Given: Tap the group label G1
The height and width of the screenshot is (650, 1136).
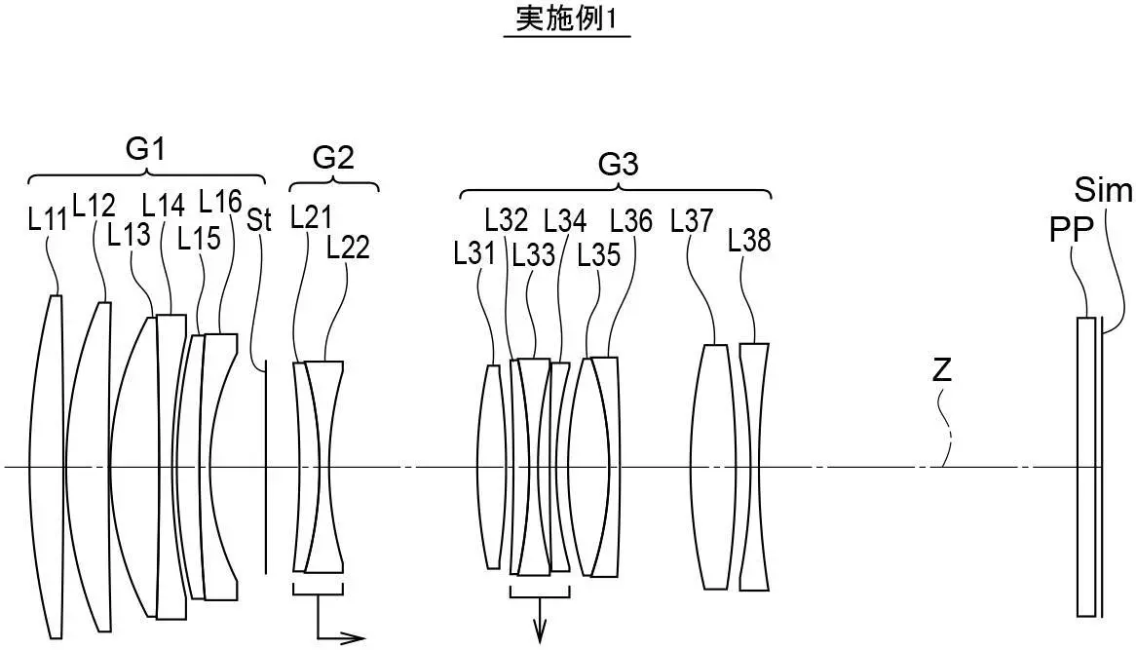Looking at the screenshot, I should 145,150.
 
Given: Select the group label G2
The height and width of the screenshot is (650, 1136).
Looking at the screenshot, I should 333,158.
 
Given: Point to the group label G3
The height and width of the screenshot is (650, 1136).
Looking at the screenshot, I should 618,165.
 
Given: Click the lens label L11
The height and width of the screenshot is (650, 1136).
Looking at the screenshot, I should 47,219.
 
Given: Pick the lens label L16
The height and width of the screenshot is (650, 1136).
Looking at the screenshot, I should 220,202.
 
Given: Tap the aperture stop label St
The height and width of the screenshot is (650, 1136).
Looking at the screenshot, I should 259,219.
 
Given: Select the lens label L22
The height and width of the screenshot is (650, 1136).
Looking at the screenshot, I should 348,249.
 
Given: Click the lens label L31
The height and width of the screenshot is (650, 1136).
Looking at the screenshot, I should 474,254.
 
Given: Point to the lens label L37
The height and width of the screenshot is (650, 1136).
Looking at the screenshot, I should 692,221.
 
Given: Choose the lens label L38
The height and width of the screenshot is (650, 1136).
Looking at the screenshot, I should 749,240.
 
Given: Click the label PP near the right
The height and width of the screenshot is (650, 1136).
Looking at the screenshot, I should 1071,230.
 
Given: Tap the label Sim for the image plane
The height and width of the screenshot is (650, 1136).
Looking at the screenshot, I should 1103,189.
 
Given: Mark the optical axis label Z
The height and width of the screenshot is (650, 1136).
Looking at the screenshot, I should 942,370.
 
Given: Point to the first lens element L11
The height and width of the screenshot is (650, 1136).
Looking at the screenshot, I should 47,468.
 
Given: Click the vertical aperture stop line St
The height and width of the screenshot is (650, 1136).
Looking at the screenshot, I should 266,468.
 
